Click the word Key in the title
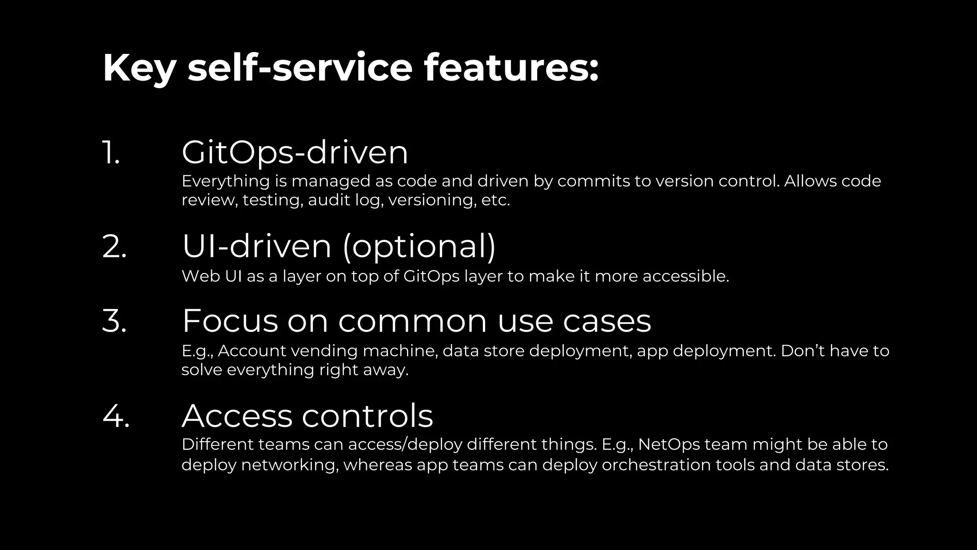point(139,68)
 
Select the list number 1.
point(111,153)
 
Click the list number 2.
point(114,247)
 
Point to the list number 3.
point(114,321)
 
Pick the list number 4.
point(116,416)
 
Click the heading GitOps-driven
point(295,153)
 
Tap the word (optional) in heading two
point(419,247)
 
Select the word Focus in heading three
point(229,321)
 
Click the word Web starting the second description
point(200,276)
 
